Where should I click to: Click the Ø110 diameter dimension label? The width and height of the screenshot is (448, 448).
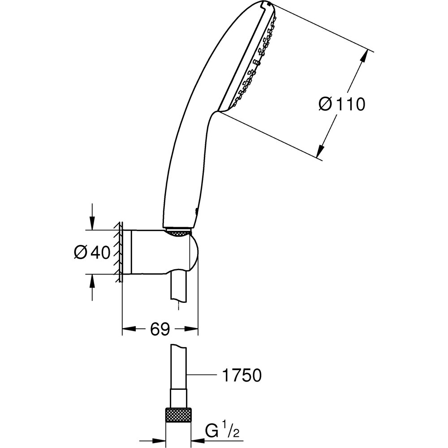click(342, 104)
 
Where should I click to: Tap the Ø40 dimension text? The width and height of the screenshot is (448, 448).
click(92, 253)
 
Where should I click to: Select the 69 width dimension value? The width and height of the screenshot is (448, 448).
click(160, 329)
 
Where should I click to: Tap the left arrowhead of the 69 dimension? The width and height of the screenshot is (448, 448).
click(128, 329)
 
